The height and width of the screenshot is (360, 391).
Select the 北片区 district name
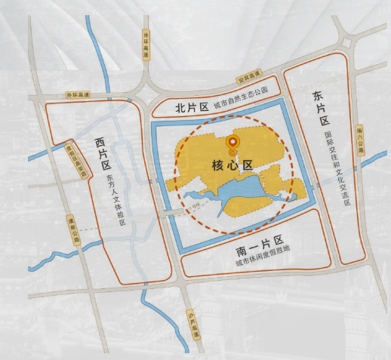click(191, 108)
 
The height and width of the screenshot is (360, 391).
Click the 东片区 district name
click(322, 108)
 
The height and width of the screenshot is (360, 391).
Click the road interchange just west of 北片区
click(144, 94)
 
